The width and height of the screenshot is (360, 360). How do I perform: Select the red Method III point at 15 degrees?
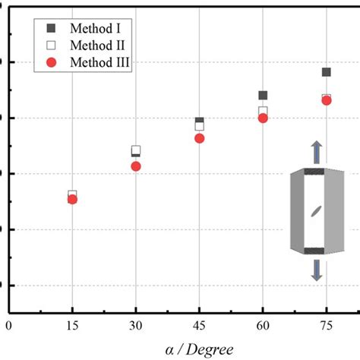72,199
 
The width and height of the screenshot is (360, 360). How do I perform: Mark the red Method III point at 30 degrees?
136,166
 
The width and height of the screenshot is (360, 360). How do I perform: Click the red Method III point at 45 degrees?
199,138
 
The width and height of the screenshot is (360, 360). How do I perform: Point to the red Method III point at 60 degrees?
263,118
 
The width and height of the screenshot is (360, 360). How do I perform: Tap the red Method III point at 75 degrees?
327,100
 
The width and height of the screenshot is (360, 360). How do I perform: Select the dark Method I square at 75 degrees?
327,72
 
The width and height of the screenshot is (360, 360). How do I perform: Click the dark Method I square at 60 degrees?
263,96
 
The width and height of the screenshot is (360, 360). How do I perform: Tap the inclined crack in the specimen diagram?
316,212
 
